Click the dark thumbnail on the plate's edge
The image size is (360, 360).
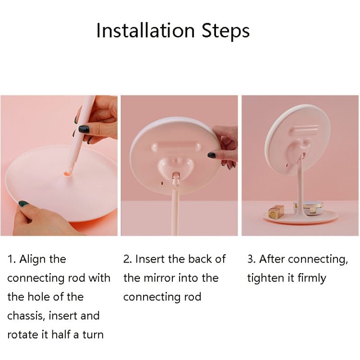pyautogui.click(x=23, y=204)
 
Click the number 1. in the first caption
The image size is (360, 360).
pyautogui.click(x=11, y=259)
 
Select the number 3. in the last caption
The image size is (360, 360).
pyautogui.click(x=252, y=259)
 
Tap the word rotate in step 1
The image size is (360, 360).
pyautogui.click(x=23, y=335)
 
